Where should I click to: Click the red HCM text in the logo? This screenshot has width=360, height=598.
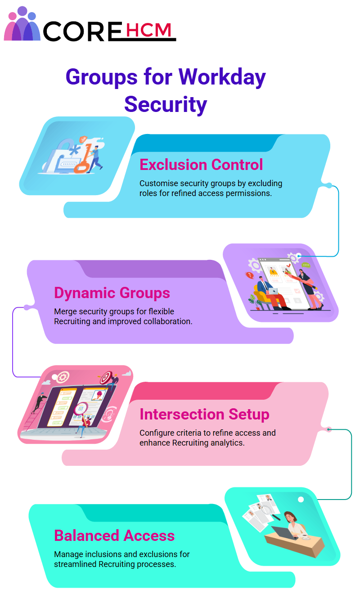point(148,30)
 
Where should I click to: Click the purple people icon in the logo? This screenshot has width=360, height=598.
point(22,23)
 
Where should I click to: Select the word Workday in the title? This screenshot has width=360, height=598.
point(222,77)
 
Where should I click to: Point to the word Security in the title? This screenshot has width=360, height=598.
point(166,105)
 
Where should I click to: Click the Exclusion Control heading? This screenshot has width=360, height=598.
point(201,165)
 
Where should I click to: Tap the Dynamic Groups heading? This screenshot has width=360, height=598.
point(112,293)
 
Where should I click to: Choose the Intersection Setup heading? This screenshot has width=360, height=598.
point(204,414)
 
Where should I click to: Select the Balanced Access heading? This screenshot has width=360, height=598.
point(114,536)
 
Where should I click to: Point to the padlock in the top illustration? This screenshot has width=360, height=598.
point(65,156)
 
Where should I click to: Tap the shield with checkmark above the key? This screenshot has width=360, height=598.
point(83,139)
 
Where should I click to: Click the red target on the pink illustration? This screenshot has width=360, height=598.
point(106,377)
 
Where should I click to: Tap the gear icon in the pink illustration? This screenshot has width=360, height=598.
point(63,377)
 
